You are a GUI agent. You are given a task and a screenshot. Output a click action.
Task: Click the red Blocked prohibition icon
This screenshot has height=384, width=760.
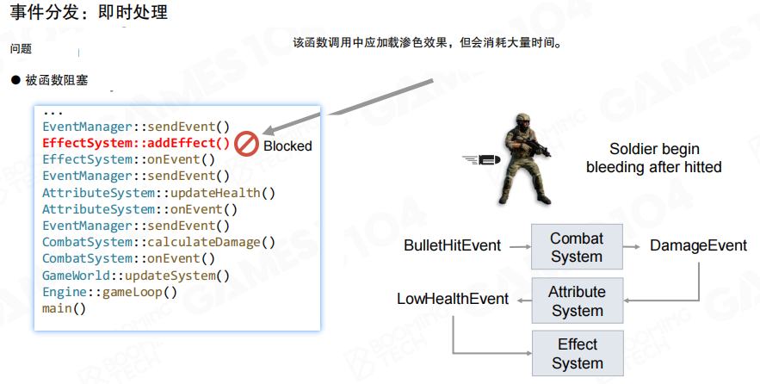247,144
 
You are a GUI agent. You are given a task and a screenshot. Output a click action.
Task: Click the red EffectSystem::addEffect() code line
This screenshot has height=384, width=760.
136,143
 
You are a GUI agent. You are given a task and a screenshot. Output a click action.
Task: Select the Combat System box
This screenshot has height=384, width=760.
576,247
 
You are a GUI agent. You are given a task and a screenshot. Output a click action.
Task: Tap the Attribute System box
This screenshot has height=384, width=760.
576,300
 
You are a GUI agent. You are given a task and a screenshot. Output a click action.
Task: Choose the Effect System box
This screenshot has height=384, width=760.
576,354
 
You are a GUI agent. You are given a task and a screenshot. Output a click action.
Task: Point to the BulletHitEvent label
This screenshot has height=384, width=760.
452,246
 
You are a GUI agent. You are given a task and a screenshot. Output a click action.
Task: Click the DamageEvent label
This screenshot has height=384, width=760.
698,246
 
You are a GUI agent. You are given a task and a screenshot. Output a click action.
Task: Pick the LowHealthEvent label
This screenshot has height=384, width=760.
452,300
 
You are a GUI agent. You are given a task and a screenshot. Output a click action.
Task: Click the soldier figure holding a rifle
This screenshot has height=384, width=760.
523,159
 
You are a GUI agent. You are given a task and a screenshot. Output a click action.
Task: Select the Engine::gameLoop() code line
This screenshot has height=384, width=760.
109,292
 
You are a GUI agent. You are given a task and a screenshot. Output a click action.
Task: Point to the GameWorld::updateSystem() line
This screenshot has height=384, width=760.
136,276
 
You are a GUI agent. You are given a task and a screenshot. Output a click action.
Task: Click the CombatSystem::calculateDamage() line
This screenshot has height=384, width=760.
158,242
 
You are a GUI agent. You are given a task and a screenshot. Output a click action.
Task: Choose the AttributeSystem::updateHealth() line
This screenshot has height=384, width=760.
158,193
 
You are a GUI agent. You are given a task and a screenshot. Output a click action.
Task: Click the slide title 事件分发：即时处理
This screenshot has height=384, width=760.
89,12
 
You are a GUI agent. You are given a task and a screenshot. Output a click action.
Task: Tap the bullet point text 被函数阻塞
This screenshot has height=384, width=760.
56,81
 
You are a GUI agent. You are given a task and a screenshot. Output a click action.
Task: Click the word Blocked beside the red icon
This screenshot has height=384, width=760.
287,146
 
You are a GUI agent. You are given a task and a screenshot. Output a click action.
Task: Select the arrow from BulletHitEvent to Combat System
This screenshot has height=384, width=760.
516,246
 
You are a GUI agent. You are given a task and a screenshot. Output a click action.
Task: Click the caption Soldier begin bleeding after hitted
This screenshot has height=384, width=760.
654,158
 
